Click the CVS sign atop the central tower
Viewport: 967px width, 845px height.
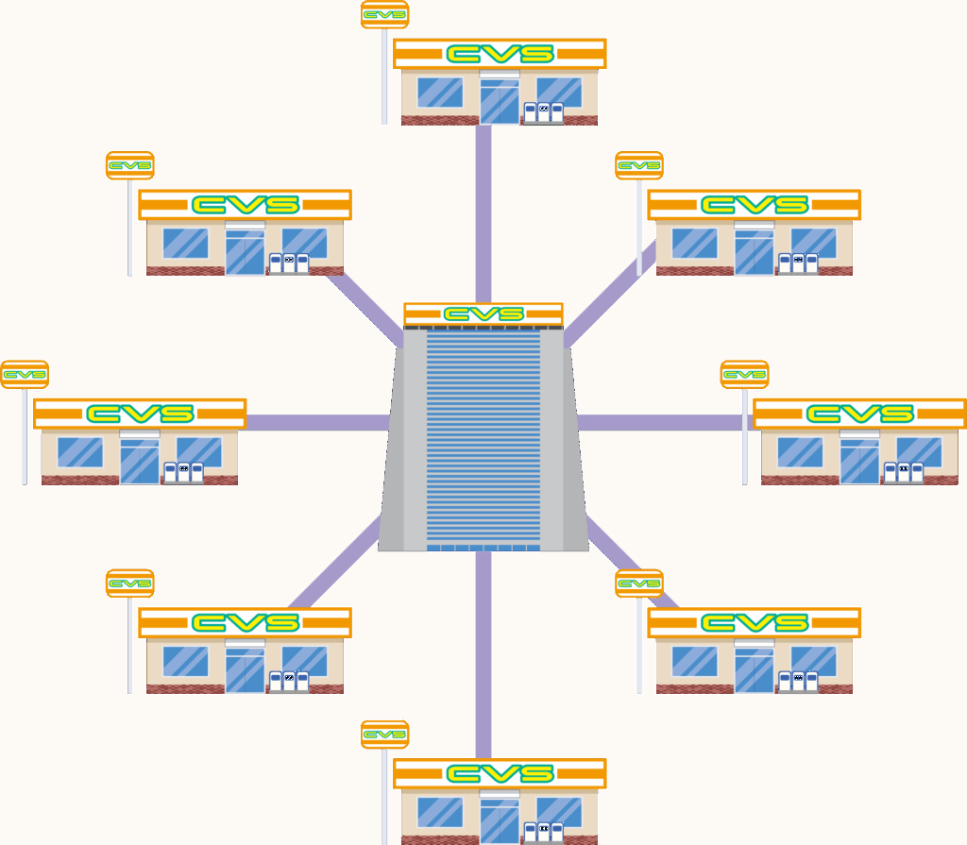[x=483, y=313]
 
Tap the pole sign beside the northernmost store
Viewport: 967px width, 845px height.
[x=384, y=15]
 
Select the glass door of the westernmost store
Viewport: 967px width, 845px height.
[x=139, y=462]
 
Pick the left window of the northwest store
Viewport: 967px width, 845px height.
[x=185, y=243]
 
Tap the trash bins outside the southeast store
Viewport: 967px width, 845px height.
[x=798, y=682]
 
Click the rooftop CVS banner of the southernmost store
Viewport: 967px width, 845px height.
[x=500, y=774]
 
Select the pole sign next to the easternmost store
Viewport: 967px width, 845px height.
[x=744, y=375]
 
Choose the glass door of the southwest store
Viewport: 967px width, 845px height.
[x=245, y=670]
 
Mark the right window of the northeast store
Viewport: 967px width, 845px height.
[x=813, y=243]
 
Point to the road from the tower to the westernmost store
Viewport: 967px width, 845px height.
[x=316, y=422]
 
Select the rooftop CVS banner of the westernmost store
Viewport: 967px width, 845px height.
[x=140, y=414]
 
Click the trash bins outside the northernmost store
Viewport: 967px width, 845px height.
[x=543, y=112]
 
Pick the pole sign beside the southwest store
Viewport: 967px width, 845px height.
[x=129, y=583]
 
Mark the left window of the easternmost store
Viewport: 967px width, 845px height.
[x=800, y=452]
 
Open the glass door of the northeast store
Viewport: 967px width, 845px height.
[x=754, y=253]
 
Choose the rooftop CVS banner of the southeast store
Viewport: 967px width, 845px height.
[x=755, y=623]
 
